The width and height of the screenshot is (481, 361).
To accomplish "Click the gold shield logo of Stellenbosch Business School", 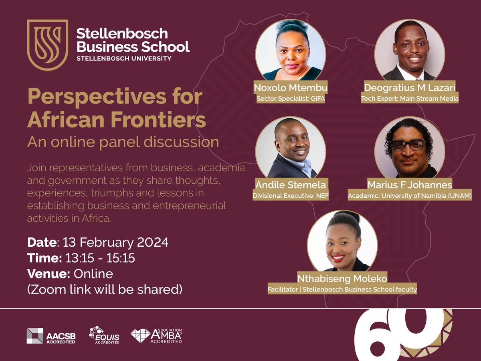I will (x=48, y=45).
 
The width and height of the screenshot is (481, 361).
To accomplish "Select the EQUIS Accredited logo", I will (x=104, y=335).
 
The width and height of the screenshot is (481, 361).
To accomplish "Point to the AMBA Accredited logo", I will (x=156, y=336).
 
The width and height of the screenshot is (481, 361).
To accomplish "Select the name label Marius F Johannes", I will (x=410, y=185).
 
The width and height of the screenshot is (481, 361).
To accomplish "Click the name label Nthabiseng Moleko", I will (x=342, y=279).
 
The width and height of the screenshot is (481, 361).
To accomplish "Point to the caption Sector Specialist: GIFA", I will (x=290, y=98).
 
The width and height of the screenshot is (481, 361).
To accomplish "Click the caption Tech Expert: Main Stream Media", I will (x=409, y=98).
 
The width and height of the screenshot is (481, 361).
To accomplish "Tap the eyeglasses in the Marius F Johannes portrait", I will (x=408, y=145).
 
